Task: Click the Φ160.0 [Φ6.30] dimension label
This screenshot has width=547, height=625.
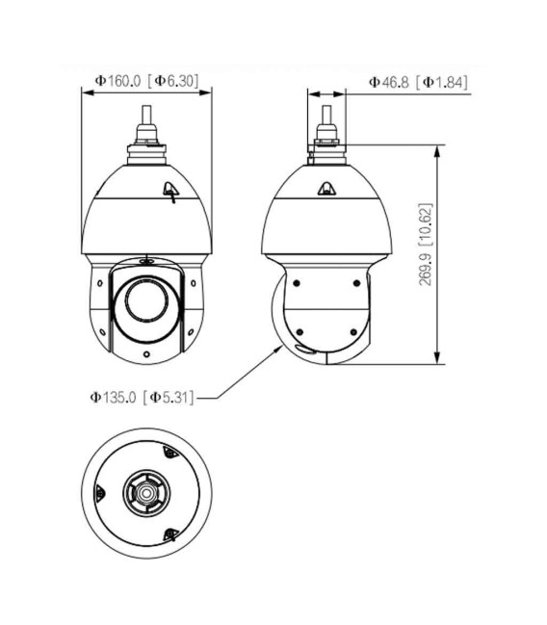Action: click(146, 81)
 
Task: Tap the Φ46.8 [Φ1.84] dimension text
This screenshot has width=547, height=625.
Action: click(418, 82)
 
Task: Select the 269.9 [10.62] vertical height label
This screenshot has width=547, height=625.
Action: click(426, 245)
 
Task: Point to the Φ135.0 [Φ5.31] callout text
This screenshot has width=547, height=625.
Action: click(143, 397)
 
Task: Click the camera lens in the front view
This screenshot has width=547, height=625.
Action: click(146, 299)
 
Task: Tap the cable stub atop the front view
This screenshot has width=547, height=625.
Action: click(146, 116)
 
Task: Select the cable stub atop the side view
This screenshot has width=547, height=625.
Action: click(326, 116)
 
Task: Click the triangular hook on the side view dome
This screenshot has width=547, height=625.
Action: click(326, 189)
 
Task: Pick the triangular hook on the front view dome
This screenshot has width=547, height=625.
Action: click(171, 192)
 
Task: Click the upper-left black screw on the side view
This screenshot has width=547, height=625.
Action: click(297, 283)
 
